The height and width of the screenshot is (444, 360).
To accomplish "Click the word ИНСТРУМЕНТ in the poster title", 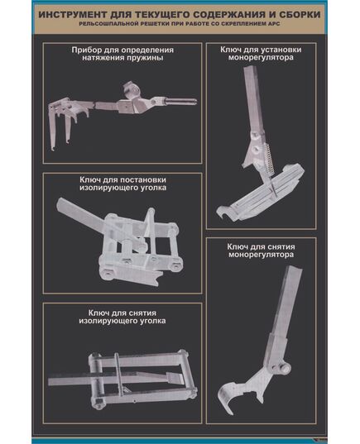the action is (74, 14).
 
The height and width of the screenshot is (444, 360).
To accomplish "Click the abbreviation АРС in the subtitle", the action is (274, 24).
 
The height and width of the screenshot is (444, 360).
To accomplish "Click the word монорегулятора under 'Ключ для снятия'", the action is (261, 255).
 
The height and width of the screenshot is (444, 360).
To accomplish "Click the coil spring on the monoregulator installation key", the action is (268, 158).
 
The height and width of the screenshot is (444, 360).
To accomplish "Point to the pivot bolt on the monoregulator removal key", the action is (285, 368).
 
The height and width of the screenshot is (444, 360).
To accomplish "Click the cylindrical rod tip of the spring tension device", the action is (181, 101).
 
